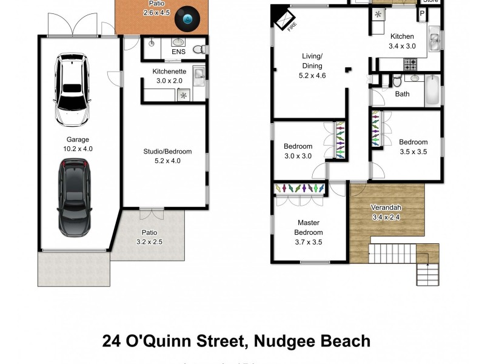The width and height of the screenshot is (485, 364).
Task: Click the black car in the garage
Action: tap(73, 197)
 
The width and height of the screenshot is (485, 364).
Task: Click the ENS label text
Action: tap(178, 52)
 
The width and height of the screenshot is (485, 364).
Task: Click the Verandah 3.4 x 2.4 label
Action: tap(386, 212)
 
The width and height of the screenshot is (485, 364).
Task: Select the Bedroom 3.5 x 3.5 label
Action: tap(413, 147)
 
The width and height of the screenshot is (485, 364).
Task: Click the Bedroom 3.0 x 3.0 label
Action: tap(298, 151)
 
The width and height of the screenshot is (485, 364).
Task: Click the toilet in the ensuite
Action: tap(198, 50)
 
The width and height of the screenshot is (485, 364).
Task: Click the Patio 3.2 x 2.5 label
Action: tap(149, 237)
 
